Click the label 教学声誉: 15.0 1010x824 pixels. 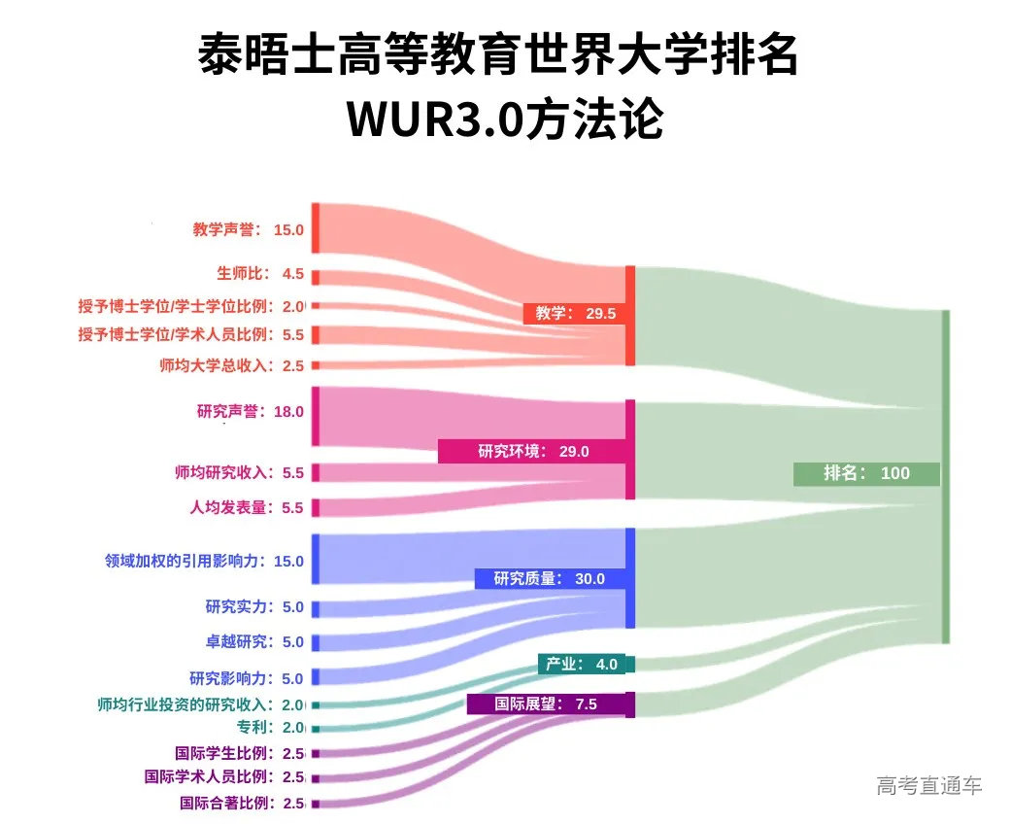point(249,230)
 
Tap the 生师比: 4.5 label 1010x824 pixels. point(260,273)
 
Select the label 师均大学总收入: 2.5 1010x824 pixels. point(232,366)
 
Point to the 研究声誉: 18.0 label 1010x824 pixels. point(251,411)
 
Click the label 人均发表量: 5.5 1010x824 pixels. point(247,507)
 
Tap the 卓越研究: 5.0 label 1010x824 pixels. point(254,642)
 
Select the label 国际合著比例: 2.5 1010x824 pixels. point(242,804)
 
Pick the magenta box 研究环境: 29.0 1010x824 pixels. point(533,451)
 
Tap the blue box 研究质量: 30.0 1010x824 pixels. point(550,578)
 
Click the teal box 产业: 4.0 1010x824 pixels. point(582,664)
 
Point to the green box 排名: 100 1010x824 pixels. point(866,473)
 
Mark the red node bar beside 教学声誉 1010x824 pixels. point(316,228)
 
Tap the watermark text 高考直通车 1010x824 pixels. point(928,785)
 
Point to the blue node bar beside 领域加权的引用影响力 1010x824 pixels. point(316,559)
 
